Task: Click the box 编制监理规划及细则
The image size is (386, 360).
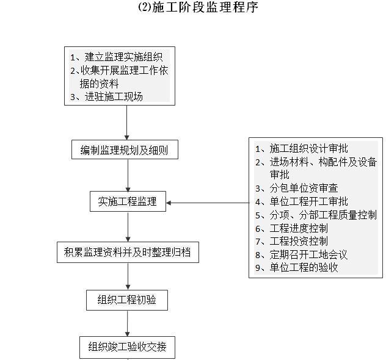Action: pyautogui.click(x=125, y=149)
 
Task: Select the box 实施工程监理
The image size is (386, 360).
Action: pyautogui.click(x=128, y=202)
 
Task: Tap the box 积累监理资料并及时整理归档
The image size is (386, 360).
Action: pyautogui.click(x=128, y=251)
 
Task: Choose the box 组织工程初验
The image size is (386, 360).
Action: pyautogui.click(x=127, y=300)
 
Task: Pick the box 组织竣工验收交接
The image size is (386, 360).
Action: pyautogui.click(x=127, y=347)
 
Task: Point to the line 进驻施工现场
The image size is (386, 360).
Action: pyautogui.click(x=110, y=96)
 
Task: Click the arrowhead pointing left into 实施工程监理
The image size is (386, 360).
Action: pyautogui.click(x=169, y=203)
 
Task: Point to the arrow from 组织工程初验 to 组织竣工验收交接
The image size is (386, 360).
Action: pyautogui.click(x=128, y=323)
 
